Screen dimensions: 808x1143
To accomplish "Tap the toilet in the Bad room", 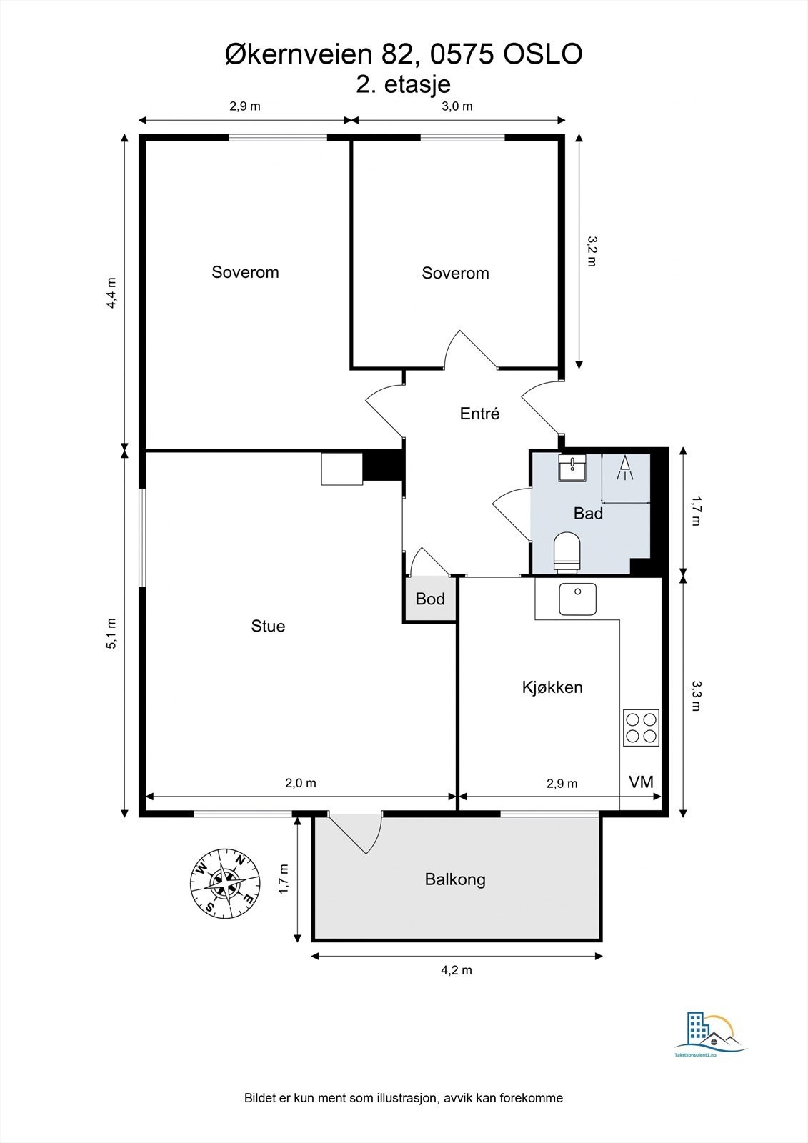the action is [567, 551].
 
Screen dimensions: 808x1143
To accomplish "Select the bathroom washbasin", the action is [573, 469].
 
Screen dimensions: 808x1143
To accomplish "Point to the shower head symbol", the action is [625, 468].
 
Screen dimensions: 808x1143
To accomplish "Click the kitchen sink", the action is [577, 599].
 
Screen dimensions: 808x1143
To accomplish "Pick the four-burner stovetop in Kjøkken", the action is [641, 728].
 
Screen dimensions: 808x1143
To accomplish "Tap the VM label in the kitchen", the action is [641, 782].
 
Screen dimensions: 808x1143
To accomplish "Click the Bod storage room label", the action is [430, 599].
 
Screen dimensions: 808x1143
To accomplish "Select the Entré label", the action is [479, 414].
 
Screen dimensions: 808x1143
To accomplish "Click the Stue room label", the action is [268, 626].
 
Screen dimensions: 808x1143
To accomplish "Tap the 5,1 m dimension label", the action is [111, 633].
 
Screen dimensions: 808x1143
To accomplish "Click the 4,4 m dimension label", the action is [111, 292].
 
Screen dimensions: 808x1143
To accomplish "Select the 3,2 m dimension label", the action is [592, 251].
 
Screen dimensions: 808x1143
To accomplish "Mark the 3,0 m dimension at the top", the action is [457, 106].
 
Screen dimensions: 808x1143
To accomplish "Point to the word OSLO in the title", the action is [543, 54].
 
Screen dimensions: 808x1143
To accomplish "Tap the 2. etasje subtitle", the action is [403, 84].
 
